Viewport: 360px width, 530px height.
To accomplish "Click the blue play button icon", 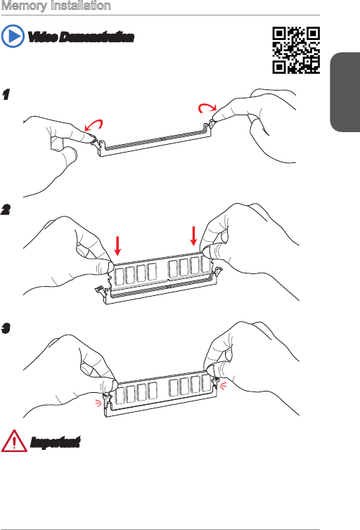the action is coord(13,36).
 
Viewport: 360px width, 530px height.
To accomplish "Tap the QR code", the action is coord(296,51).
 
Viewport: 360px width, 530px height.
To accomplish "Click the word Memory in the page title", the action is coord(24,6).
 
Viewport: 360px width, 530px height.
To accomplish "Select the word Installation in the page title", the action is coord(79,6).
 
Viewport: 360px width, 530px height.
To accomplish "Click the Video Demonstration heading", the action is coord(80,37).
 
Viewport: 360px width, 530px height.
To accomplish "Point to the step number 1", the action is coord(6,95).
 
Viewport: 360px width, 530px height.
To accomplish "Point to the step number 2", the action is coord(6,210).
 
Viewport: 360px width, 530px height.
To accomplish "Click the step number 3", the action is coord(6,328).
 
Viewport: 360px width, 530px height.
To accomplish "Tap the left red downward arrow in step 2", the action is coord(117,246).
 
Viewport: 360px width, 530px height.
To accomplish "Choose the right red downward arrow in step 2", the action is coord(193,236).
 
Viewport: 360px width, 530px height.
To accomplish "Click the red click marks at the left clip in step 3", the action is coord(98,403).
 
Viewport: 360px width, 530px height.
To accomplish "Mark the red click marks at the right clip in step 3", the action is coord(223,385).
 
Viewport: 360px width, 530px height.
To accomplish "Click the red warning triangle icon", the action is coord(14,441).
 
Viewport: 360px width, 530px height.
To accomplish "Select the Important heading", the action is coord(55,442).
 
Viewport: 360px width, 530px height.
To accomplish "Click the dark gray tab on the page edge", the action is coord(345,92).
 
